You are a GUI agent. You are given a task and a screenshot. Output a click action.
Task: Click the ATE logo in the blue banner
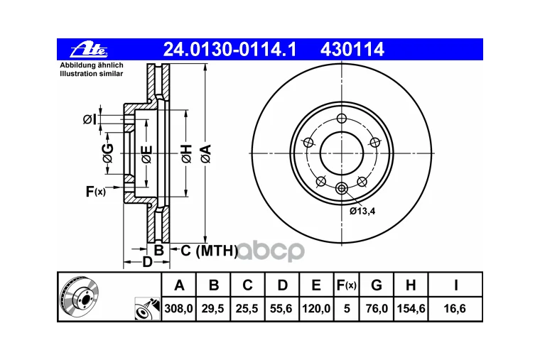(89, 50)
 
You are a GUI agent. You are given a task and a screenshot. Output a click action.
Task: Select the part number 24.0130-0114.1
(229, 50)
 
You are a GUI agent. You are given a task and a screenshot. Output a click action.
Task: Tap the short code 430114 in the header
(352, 50)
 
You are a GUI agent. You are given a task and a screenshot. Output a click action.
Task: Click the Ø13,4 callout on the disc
(362, 211)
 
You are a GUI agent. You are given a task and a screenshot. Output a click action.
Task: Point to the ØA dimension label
(206, 153)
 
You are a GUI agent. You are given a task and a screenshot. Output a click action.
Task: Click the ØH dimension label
(187, 153)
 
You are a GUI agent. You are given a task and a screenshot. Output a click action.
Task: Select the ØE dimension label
(146, 154)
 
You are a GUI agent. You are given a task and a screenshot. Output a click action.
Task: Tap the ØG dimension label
(108, 153)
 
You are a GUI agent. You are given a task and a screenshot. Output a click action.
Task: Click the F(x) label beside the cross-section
(96, 191)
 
